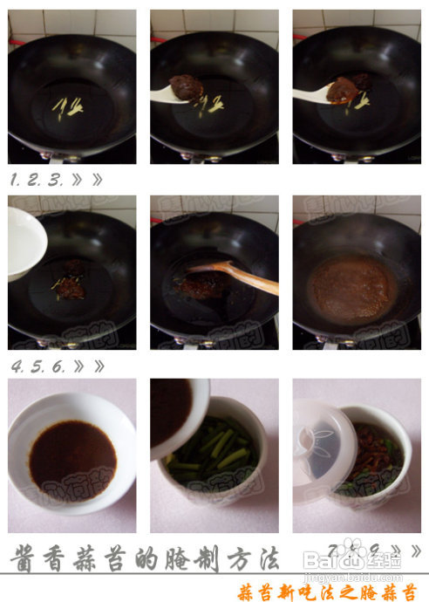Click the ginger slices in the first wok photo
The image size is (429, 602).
point(68,106)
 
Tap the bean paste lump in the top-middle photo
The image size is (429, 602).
point(185,87)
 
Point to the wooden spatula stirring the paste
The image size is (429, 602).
point(239,276)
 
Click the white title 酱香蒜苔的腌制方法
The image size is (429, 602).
point(144,557)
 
